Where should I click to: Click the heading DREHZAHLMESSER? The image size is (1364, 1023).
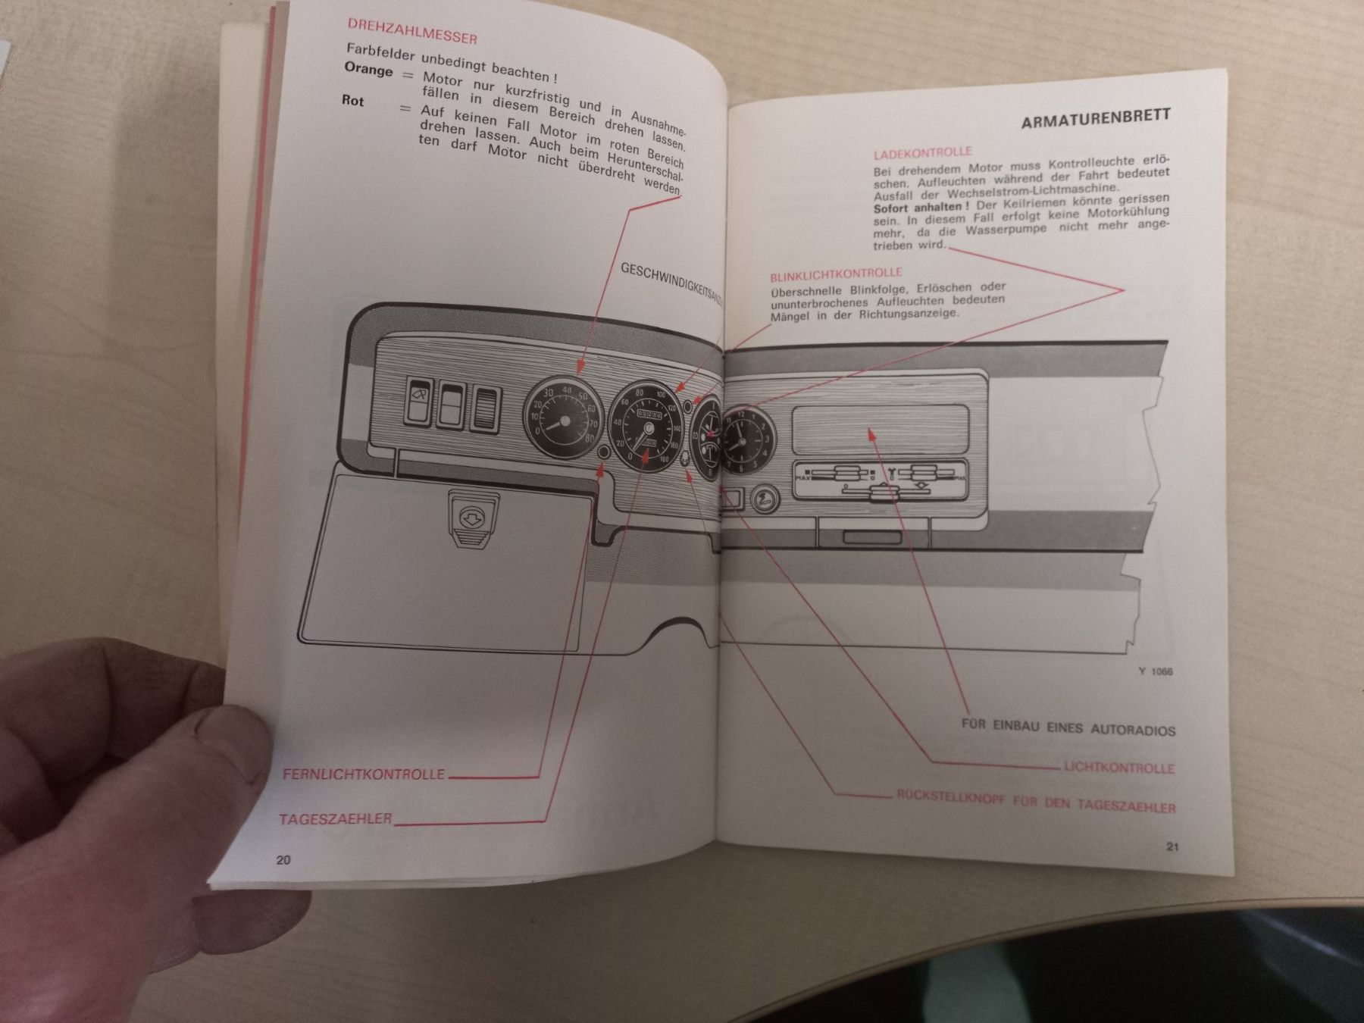click(x=411, y=32)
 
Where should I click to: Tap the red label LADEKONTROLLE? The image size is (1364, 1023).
click(x=921, y=152)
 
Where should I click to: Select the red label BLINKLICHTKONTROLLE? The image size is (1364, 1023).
click(x=835, y=273)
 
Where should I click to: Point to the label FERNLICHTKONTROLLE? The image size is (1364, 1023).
click(x=363, y=774)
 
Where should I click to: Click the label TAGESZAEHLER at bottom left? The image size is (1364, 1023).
click(x=336, y=819)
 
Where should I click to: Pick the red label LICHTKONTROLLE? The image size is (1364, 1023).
click(x=1118, y=768)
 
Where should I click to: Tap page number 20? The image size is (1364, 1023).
click(x=283, y=859)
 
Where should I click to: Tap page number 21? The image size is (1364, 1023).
click(x=1172, y=847)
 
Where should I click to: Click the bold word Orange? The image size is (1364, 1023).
click(x=368, y=70)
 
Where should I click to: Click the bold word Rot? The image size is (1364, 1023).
click(x=352, y=101)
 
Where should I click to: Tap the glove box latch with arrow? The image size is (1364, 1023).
click(x=471, y=518)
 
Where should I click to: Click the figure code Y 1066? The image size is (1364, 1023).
click(x=1155, y=671)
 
